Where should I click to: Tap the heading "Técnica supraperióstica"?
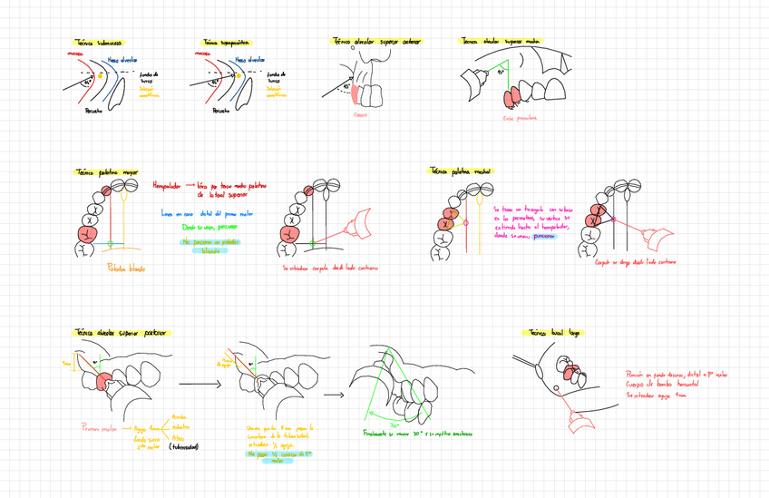pyautogui.click(x=227, y=42)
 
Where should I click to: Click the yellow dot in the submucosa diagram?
pyautogui.click(x=113, y=76)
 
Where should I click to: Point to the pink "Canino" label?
pyautogui.click(x=360, y=115)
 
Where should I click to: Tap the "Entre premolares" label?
pyautogui.click(x=519, y=118)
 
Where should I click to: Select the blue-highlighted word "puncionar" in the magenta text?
pyautogui.click(x=544, y=234)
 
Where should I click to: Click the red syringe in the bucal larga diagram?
pyautogui.click(x=573, y=422)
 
